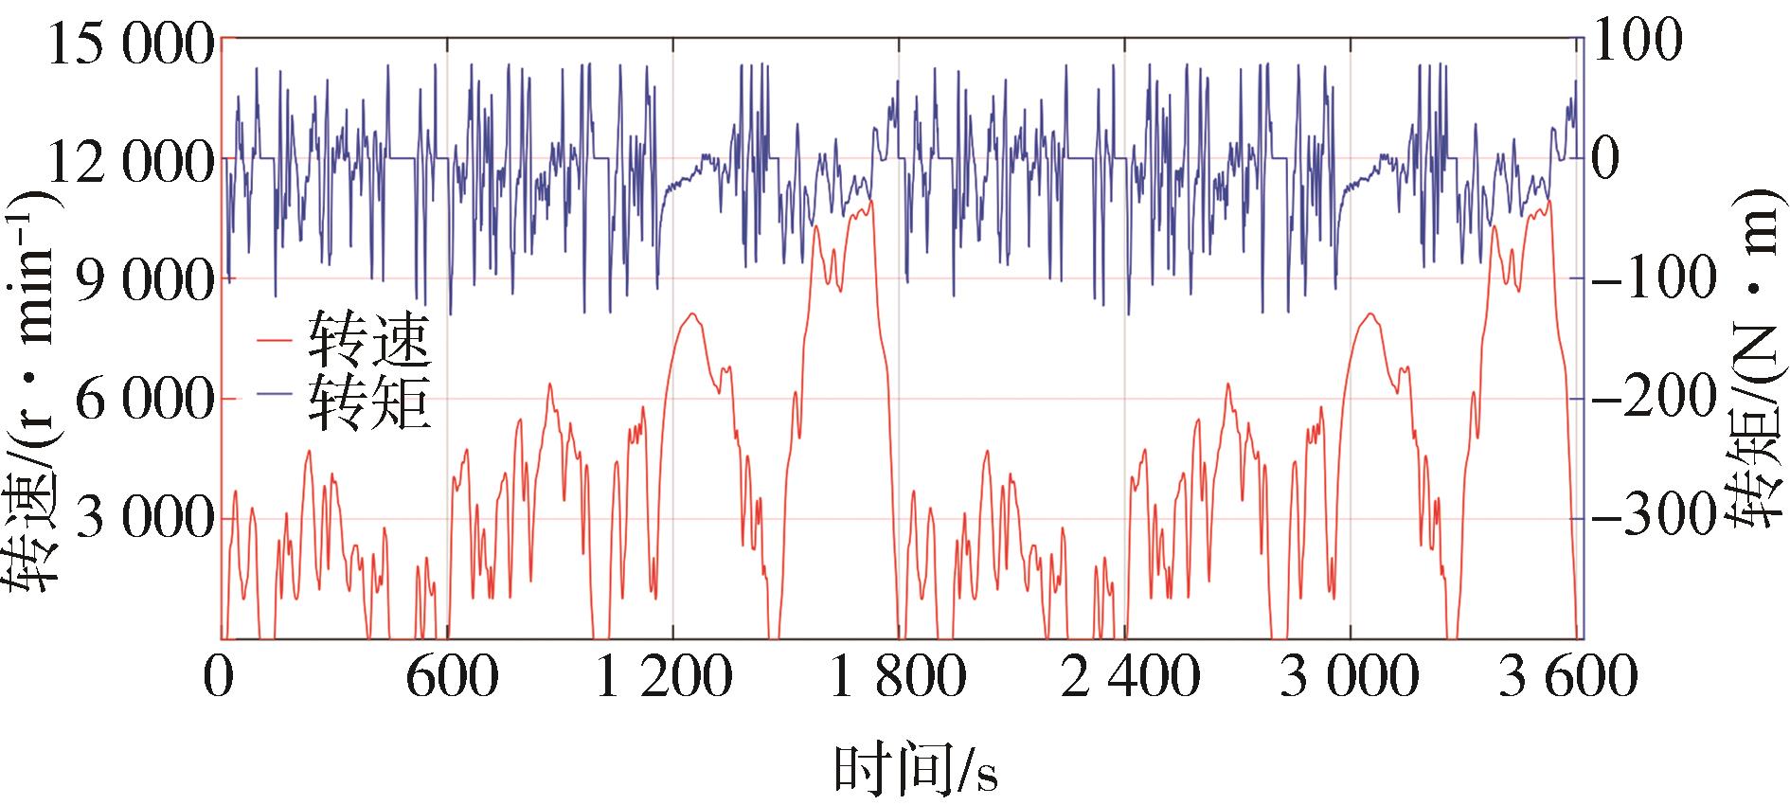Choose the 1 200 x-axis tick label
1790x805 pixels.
[x=664, y=678]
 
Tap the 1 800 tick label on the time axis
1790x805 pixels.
[x=897, y=678]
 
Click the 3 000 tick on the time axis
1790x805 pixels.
[x=1350, y=678]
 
